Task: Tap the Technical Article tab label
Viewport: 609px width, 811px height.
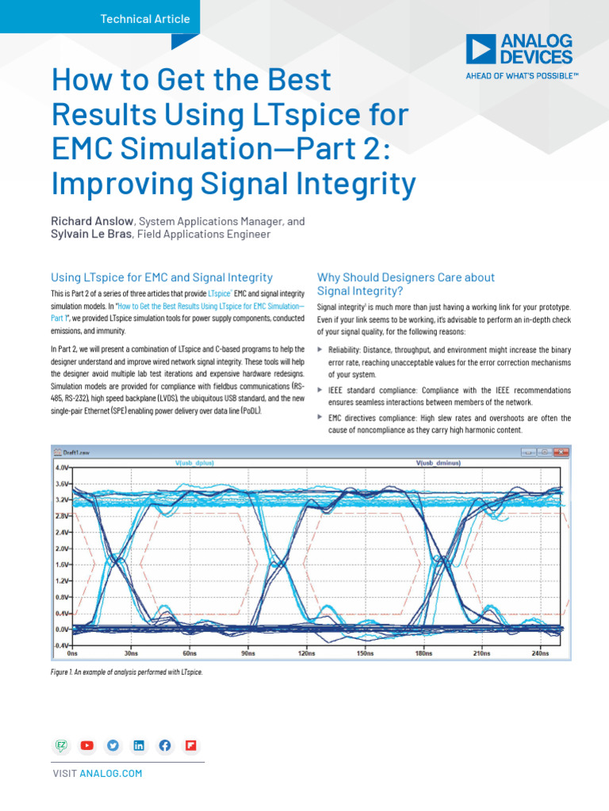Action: [x=145, y=18]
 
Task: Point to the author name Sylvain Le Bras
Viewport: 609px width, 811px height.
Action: [x=92, y=234]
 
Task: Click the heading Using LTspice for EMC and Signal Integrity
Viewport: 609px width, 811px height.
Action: [x=162, y=277]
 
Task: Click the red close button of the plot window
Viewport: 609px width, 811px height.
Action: [x=561, y=452]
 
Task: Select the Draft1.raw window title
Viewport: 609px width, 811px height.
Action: [x=82, y=452]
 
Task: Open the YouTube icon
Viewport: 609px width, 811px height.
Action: [x=87, y=745]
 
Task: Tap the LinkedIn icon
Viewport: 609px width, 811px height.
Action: [x=139, y=745]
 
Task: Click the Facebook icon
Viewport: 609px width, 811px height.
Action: [x=165, y=745]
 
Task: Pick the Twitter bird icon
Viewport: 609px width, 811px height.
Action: [x=113, y=745]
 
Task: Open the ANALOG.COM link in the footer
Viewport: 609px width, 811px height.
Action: [x=111, y=773]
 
